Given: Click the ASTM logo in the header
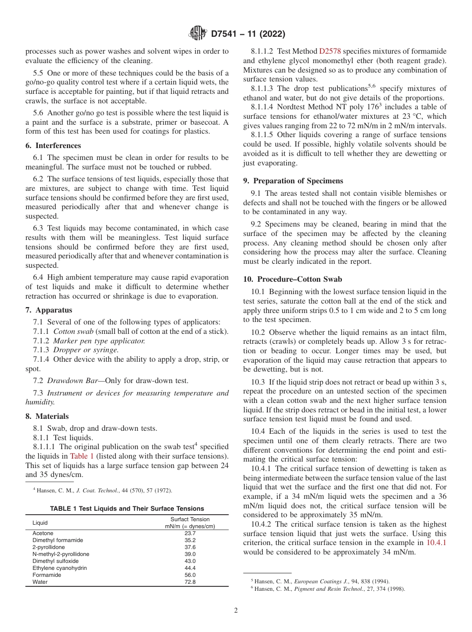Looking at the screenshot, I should coord(198,34).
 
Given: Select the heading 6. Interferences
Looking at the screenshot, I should coord(53,146).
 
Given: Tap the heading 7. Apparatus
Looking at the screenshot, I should coord(49,310).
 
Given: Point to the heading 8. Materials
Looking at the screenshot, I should coord(47,416).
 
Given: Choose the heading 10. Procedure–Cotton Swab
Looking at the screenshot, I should coord(300,280).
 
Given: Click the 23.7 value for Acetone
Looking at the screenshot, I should coord(190,533).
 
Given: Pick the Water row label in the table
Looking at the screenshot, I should coord(40,582).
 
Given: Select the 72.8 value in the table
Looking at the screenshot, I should coord(190,582).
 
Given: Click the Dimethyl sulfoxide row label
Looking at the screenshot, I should coord(55,561).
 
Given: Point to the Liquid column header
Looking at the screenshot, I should coord(40,523).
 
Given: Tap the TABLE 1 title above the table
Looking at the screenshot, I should coord(127,508).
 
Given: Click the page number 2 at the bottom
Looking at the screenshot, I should coord(236,611).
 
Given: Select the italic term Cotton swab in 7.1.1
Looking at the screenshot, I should coord(72,331).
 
